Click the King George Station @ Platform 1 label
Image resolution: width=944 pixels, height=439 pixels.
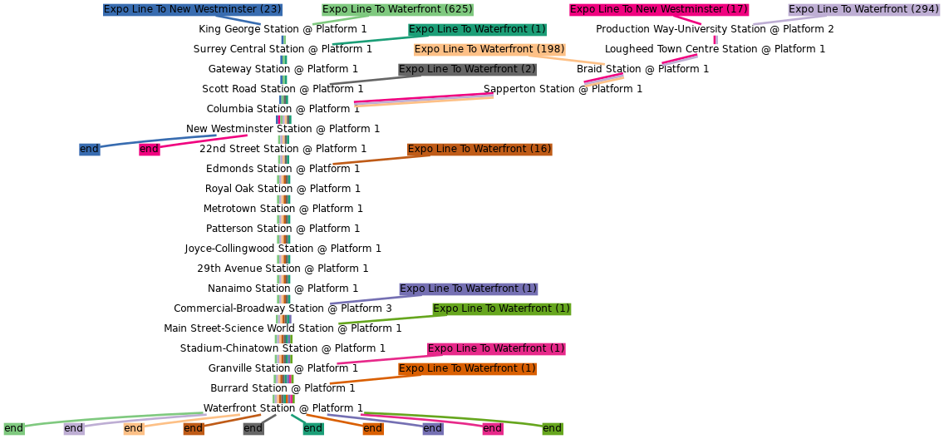283,29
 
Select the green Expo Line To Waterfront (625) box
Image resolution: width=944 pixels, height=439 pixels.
397,10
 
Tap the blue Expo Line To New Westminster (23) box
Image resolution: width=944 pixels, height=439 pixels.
193,10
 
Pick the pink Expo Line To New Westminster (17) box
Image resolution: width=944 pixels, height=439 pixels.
659,10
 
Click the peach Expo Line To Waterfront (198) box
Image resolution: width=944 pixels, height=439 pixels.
489,49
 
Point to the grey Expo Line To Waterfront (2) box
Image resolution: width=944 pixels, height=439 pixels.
467,69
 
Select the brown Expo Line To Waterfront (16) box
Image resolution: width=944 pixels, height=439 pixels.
479,150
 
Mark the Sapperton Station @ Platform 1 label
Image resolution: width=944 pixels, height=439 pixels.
563,89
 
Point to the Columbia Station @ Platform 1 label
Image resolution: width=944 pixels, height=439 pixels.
283,109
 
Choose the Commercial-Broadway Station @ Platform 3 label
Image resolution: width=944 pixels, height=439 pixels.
283,308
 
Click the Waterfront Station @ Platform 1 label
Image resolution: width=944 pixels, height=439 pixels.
283,408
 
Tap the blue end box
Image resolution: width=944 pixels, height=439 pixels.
89,150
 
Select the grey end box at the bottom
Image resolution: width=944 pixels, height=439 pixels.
253,429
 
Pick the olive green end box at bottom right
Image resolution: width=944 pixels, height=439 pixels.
553,429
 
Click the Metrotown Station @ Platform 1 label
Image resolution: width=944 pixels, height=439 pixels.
283,209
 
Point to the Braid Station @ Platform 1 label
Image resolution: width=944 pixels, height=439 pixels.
642,69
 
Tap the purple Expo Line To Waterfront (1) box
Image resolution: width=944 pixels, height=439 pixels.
469,289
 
